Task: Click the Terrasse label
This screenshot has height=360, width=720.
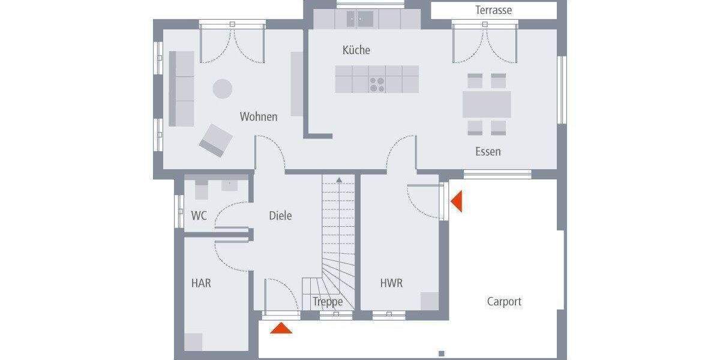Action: pyautogui.click(x=493, y=10)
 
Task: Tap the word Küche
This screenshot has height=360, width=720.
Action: pyautogui.click(x=356, y=50)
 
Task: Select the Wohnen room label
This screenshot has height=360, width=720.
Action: pyautogui.click(x=259, y=116)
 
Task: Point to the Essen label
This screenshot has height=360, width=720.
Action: pyautogui.click(x=488, y=152)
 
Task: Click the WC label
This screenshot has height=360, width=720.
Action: pyautogui.click(x=199, y=215)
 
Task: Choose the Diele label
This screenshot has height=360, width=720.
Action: pyautogui.click(x=280, y=215)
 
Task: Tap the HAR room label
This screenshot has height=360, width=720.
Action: pyautogui.click(x=201, y=283)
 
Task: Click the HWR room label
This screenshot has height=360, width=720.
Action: pyautogui.click(x=391, y=283)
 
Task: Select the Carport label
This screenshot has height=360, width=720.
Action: pyautogui.click(x=504, y=302)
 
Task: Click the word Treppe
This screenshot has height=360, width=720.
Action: pyautogui.click(x=328, y=302)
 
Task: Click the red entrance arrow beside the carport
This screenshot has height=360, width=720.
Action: pyautogui.click(x=457, y=201)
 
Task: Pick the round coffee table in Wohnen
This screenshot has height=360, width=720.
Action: pyautogui.click(x=222, y=89)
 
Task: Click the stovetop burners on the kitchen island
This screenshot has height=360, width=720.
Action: pyautogui.click(x=377, y=85)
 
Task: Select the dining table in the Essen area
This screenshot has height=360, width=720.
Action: pyautogui.click(x=487, y=104)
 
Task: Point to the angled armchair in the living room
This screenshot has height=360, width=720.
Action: pyautogui.click(x=216, y=140)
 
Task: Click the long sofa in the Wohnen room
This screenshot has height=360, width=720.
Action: pyautogui.click(x=181, y=88)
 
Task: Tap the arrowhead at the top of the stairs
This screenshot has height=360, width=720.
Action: pyautogui.click(x=339, y=179)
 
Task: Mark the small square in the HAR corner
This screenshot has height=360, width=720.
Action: pyautogui.click(x=193, y=341)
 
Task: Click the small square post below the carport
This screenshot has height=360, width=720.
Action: pyautogui.click(x=442, y=353)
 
